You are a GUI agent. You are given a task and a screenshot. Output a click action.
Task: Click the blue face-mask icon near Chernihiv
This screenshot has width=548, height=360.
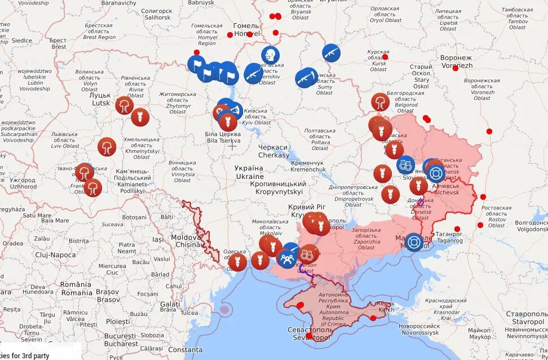pyautogui.click(x=271, y=55)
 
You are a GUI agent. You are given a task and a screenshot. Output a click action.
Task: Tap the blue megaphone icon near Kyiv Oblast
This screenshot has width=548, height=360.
pyautogui.click(x=235, y=109)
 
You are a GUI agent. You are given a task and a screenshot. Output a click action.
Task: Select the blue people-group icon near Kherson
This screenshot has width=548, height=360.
pyautogui.click(x=287, y=258)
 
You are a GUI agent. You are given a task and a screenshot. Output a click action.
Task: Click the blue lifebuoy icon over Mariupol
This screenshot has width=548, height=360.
pyautogui.click(x=414, y=242)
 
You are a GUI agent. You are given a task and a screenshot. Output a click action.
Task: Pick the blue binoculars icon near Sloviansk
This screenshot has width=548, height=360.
pyautogui.click(x=405, y=165)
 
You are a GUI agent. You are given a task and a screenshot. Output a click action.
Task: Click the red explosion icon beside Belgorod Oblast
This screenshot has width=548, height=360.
pyautogui.click(x=381, y=102)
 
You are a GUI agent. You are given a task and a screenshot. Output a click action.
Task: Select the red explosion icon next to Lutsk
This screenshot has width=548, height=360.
pyautogui.click(x=124, y=105)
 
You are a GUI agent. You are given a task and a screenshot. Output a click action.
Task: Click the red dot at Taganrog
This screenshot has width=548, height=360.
pyautogui.click(x=457, y=230)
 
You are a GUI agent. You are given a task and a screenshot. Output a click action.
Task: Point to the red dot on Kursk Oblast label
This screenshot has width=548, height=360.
pyautogui.click(x=385, y=57)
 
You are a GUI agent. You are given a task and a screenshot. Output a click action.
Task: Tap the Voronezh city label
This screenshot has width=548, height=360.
pyautogui.click(x=457, y=62)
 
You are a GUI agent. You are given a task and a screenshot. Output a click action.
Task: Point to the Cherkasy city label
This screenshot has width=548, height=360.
pyautogui.click(x=274, y=151)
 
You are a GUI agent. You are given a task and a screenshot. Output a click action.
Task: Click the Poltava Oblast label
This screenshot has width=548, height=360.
pyautogui.click(x=320, y=139)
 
